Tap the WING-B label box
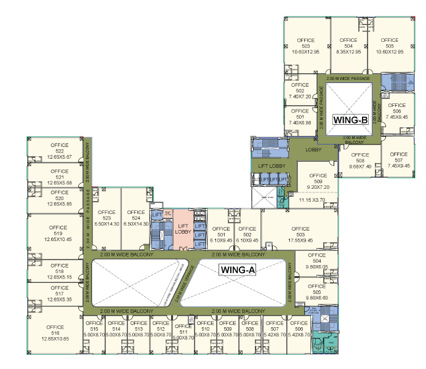pyautogui.click(x=350, y=119)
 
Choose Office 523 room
pyautogui.click(x=107, y=218)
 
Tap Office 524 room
pyautogui.click(x=135, y=218)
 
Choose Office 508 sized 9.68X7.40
pyautogui.click(x=360, y=161)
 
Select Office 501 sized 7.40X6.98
pyautogui.click(x=300, y=120)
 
